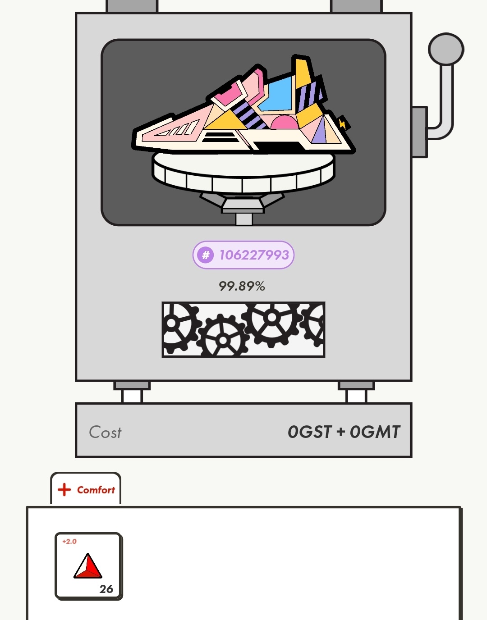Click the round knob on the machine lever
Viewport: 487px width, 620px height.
pos(446,49)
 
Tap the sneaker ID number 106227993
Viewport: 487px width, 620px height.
pos(254,255)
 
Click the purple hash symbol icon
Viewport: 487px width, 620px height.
pos(206,255)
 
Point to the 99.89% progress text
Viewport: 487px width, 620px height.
pos(242,286)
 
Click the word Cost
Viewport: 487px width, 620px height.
pos(105,432)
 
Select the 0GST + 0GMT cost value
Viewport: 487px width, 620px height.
pos(344,432)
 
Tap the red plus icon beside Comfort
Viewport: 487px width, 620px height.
pos(64,490)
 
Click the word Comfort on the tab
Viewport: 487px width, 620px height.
pos(96,490)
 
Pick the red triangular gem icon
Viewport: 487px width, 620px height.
pos(88,566)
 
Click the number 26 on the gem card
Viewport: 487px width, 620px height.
pos(106,589)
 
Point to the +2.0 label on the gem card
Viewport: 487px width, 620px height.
pos(69,542)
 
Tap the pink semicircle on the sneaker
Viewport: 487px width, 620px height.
pos(283,123)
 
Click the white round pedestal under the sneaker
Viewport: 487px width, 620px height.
pos(243,171)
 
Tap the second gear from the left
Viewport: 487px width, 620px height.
pos(223,338)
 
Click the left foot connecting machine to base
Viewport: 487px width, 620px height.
pos(132,392)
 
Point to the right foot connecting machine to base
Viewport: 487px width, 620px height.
pos(356,392)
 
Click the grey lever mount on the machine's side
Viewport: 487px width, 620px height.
pos(419,132)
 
